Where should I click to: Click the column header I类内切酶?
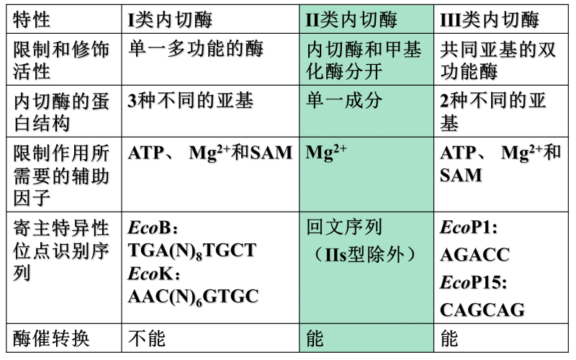coord(171,20)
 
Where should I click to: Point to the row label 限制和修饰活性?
coord(61,61)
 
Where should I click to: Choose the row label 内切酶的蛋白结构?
coord(61,112)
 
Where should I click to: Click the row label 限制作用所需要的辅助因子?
coord(61,175)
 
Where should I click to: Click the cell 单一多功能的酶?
coord(196,50)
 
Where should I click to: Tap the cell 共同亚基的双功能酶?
coord(498,60)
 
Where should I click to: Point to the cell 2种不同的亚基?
coord(493,112)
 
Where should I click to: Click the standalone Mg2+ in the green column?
coord(326,153)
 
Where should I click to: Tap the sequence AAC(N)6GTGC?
coord(193,296)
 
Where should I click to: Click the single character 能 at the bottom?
coord(315,338)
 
